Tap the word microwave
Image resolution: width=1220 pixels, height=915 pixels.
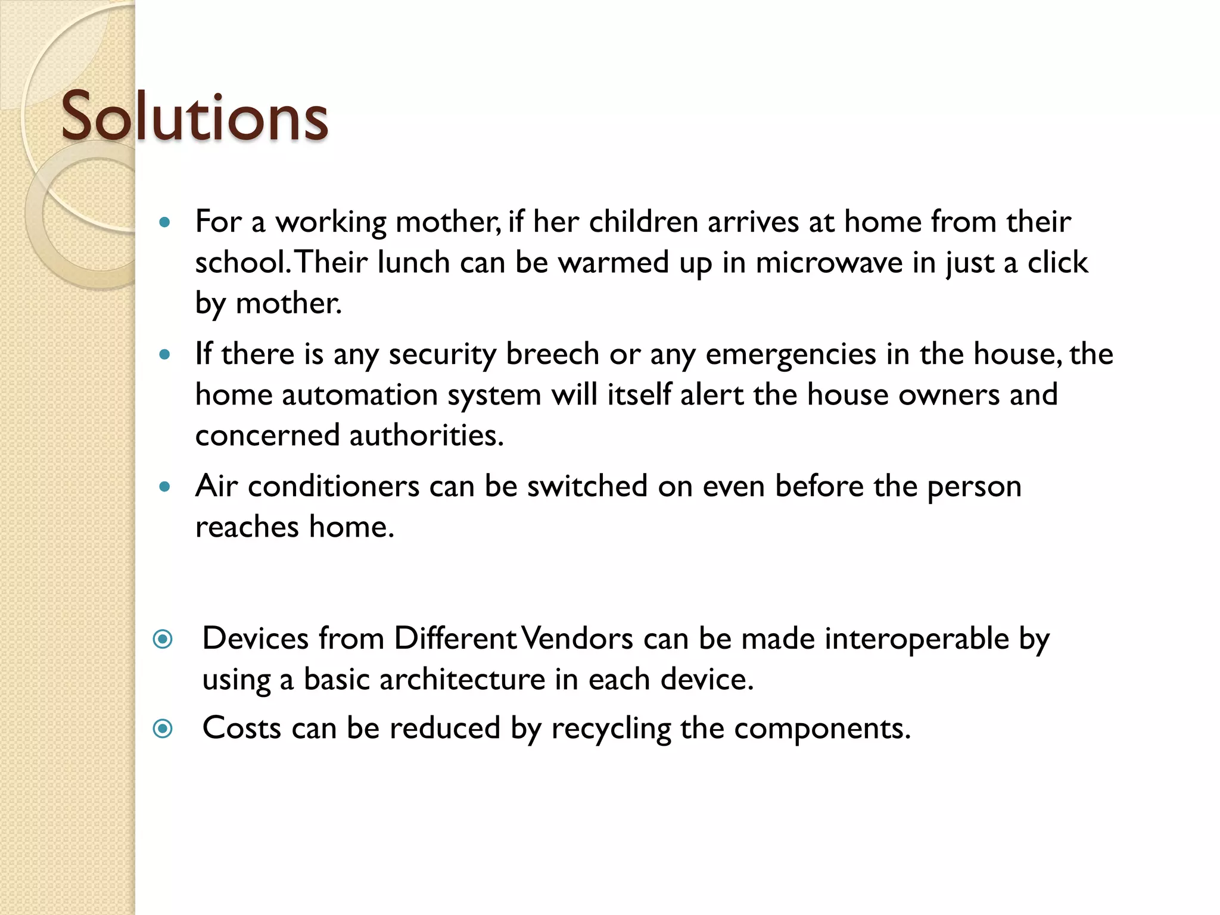point(829,262)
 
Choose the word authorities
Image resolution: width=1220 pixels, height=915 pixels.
point(427,435)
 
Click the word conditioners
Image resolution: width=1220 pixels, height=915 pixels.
point(334,486)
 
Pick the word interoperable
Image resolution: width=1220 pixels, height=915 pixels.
point(917,639)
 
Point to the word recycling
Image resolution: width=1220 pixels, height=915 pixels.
point(611,728)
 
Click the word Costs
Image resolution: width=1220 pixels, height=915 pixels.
point(242,728)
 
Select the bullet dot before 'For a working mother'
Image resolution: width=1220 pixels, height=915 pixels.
point(165,223)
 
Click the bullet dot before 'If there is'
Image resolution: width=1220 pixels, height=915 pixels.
point(165,355)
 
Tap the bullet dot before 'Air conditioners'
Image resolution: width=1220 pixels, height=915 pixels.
point(165,487)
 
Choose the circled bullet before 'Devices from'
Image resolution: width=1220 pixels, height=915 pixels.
point(163,639)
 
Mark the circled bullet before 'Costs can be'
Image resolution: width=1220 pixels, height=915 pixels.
point(163,729)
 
